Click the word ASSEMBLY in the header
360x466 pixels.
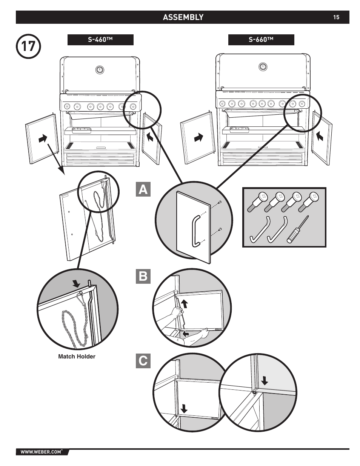tap(183, 17)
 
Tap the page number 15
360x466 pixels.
tap(336, 17)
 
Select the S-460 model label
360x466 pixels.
tap(100, 40)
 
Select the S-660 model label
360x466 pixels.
tap(261, 40)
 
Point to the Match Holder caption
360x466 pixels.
tap(77, 357)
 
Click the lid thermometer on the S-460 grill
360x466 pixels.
tap(99, 70)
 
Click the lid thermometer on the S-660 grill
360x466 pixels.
tap(263, 67)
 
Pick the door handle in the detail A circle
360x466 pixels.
tap(196, 231)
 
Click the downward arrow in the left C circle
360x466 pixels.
tap(184, 408)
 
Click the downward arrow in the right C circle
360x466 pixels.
tap(265, 380)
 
